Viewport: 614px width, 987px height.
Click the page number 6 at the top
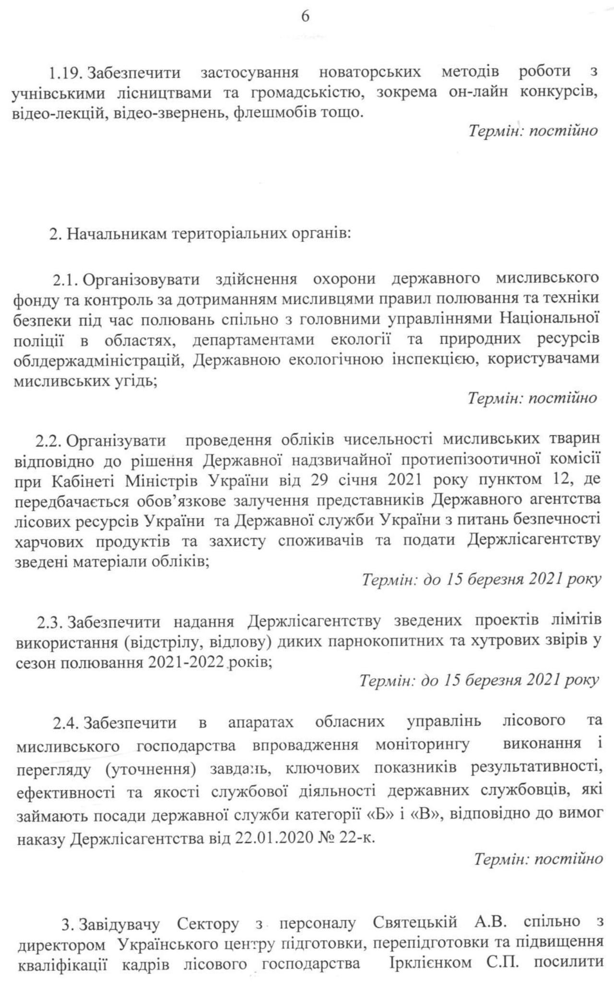point(305,17)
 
